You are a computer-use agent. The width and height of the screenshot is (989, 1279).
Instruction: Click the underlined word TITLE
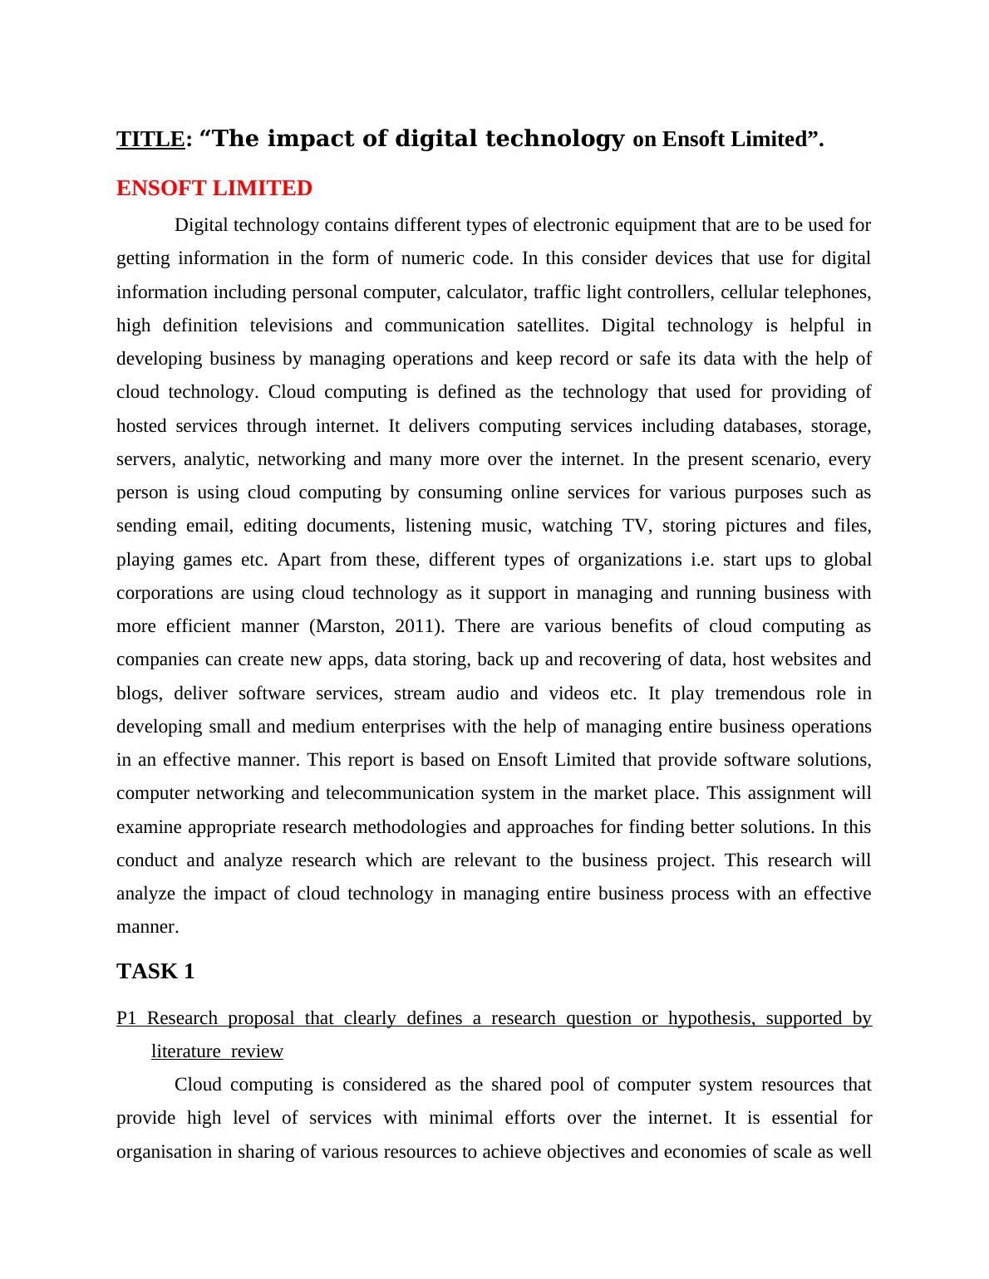tap(150, 140)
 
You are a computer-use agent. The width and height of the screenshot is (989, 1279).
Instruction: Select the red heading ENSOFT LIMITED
tap(214, 189)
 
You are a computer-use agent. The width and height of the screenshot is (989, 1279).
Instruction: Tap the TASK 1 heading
tap(155, 971)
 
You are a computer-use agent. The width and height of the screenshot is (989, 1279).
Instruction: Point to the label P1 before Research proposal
tap(125, 1018)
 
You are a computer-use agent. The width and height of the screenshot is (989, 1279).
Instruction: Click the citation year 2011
tap(414, 626)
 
